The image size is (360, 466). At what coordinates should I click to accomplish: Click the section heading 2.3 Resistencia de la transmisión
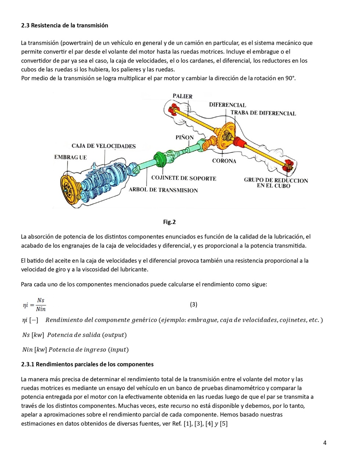tap(65, 25)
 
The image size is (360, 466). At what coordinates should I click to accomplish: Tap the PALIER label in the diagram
tap(183, 96)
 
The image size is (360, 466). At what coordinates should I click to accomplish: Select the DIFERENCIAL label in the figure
tap(227, 105)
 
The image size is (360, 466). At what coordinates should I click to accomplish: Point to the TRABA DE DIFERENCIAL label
tap(263, 113)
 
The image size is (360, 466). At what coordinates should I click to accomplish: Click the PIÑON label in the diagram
tap(184, 137)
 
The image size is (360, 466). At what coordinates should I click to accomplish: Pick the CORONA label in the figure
tap(224, 161)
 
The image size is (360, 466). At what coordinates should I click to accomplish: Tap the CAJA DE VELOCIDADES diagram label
tap(104, 146)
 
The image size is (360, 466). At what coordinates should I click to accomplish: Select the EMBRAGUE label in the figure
tap(71, 157)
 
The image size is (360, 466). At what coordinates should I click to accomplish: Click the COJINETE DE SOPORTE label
tap(184, 178)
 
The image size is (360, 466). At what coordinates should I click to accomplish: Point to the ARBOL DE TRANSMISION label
tap(163, 190)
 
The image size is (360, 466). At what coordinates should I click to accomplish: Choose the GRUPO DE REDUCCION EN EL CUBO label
tap(276, 183)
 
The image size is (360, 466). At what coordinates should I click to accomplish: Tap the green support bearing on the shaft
tap(161, 160)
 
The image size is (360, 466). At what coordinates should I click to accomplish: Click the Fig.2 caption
tap(169, 222)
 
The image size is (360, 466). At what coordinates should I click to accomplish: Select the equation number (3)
tap(194, 304)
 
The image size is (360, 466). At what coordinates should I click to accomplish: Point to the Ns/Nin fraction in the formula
tap(40, 305)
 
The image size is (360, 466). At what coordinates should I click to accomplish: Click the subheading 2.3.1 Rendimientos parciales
tap(87, 364)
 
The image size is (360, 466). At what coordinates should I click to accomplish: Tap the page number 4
tap(325, 442)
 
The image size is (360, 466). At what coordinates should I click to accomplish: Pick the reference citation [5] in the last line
tap(223, 424)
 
